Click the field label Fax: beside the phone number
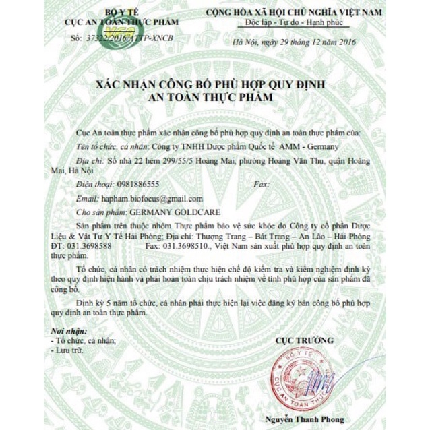click(260, 184)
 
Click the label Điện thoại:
click(94, 184)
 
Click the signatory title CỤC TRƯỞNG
click(304, 340)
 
